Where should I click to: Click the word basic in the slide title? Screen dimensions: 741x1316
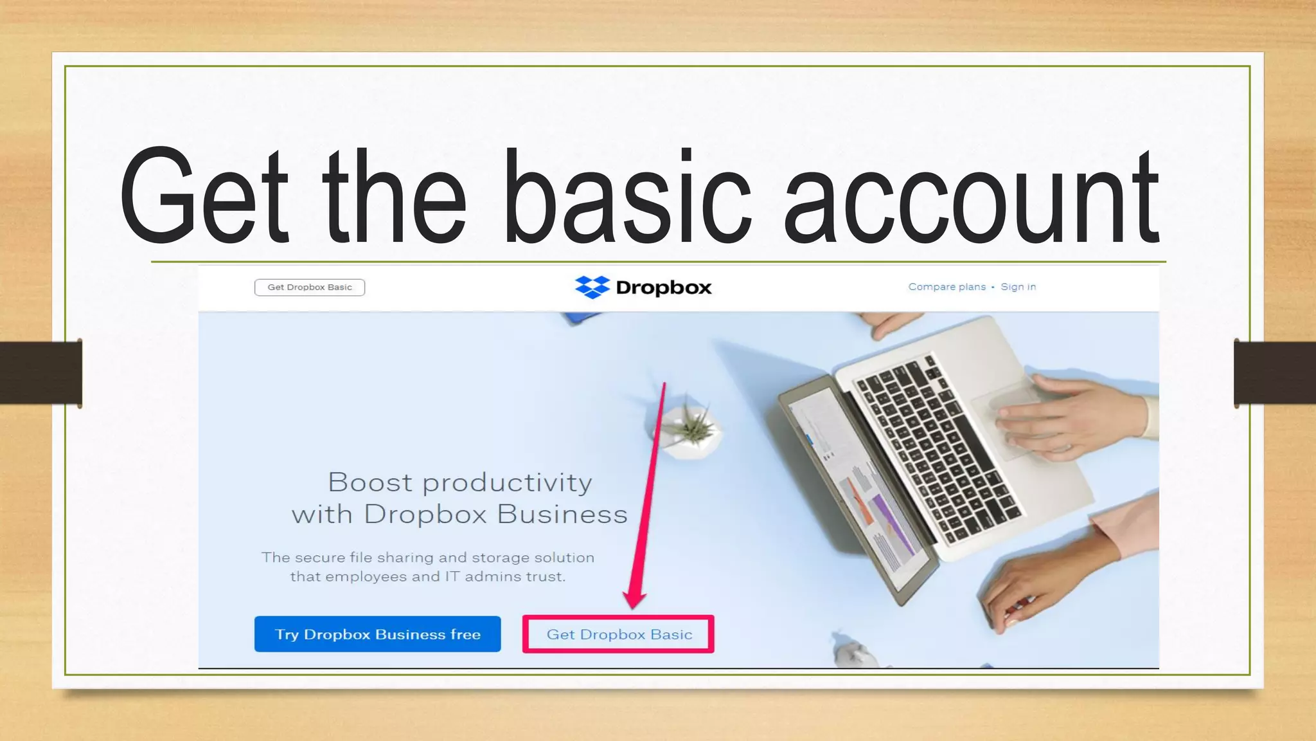[627, 196]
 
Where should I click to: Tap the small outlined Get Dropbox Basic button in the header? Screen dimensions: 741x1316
[310, 288]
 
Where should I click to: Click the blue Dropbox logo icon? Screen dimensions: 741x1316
[592, 287]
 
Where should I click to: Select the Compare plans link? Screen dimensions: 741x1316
[947, 287]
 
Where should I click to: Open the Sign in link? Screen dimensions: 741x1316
[1018, 287]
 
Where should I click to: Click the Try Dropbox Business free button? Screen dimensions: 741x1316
[377, 634]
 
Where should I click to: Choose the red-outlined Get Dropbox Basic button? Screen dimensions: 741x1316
[619, 634]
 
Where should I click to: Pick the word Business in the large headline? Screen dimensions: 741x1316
[562, 515]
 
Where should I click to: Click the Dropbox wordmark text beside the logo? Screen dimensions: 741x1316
[664, 288]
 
